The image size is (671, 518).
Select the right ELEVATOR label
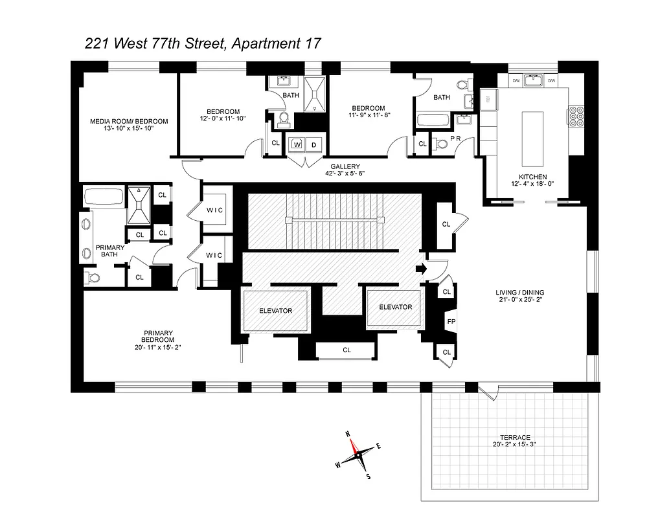point(394,307)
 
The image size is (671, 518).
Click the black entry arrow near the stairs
point(419,268)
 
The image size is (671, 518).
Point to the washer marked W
point(297,145)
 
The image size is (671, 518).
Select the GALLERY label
point(343,166)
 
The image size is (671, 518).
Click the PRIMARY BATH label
point(110,251)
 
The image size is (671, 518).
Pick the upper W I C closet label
point(214,209)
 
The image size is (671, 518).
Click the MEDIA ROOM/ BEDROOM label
point(128,121)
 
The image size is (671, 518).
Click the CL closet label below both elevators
point(347,350)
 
